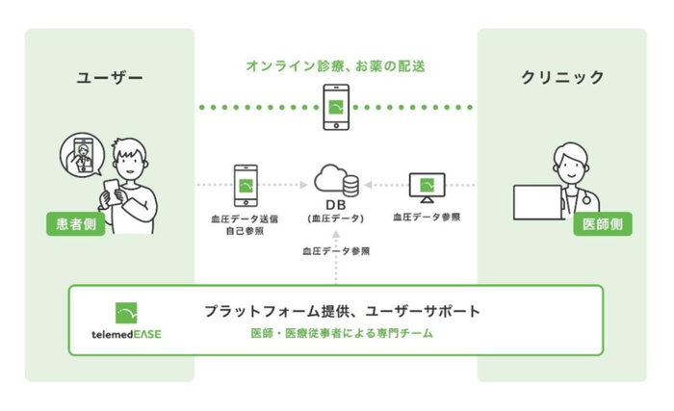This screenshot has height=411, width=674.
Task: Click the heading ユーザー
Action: pyautogui.click(x=109, y=78)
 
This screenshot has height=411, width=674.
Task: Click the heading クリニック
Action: pyautogui.click(x=562, y=77)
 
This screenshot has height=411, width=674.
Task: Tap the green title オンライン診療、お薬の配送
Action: pyautogui.click(x=336, y=65)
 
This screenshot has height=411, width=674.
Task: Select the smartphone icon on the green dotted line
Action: pyautogui.click(x=336, y=107)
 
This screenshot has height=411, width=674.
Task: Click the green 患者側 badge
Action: pyautogui.click(x=76, y=224)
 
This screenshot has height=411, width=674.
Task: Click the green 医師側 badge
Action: pyautogui.click(x=602, y=224)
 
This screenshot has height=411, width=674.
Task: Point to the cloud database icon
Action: pyautogui.click(x=337, y=180)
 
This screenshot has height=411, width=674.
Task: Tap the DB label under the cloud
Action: pyautogui.click(x=336, y=205)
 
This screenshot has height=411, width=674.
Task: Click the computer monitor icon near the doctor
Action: pyautogui.click(x=427, y=188)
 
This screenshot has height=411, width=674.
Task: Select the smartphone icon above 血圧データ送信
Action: pyautogui.click(x=246, y=186)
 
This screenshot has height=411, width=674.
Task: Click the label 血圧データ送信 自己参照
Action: pyautogui.click(x=245, y=225)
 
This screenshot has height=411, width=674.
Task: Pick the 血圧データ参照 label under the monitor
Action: pyautogui.click(x=427, y=218)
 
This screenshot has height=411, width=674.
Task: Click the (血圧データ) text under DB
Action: pyautogui.click(x=336, y=218)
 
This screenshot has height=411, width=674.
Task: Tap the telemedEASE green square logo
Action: pyautogui.click(x=126, y=313)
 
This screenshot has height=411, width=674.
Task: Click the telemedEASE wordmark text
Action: pyautogui.click(x=126, y=334)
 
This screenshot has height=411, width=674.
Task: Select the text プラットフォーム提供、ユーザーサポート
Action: pyautogui.click(x=342, y=311)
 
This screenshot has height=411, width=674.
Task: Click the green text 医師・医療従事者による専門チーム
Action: pyautogui.click(x=342, y=333)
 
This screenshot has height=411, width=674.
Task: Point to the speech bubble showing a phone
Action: pyautogui.click(x=82, y=154)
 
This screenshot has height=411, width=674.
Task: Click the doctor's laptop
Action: pyautogui.click(x=538, y=202)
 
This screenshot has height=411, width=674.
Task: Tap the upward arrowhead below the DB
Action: pyautogui.click(x=336, y=235)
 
